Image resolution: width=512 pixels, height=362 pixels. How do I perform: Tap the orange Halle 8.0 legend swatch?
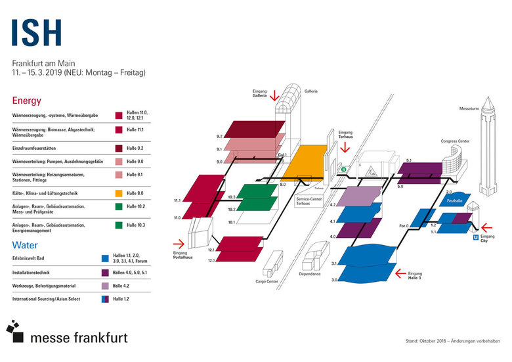coord(119,194)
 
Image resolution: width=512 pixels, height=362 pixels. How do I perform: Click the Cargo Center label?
coord(267,281)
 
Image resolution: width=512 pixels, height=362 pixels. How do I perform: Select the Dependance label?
coord(309,274)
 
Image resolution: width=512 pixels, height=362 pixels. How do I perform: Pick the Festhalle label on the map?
coord(455,200)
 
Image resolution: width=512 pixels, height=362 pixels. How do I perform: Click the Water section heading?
coord(25,244)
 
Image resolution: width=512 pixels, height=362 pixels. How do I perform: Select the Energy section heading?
coord(26,101)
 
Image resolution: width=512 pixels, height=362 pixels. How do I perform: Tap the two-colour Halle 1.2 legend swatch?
coord(105,299)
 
